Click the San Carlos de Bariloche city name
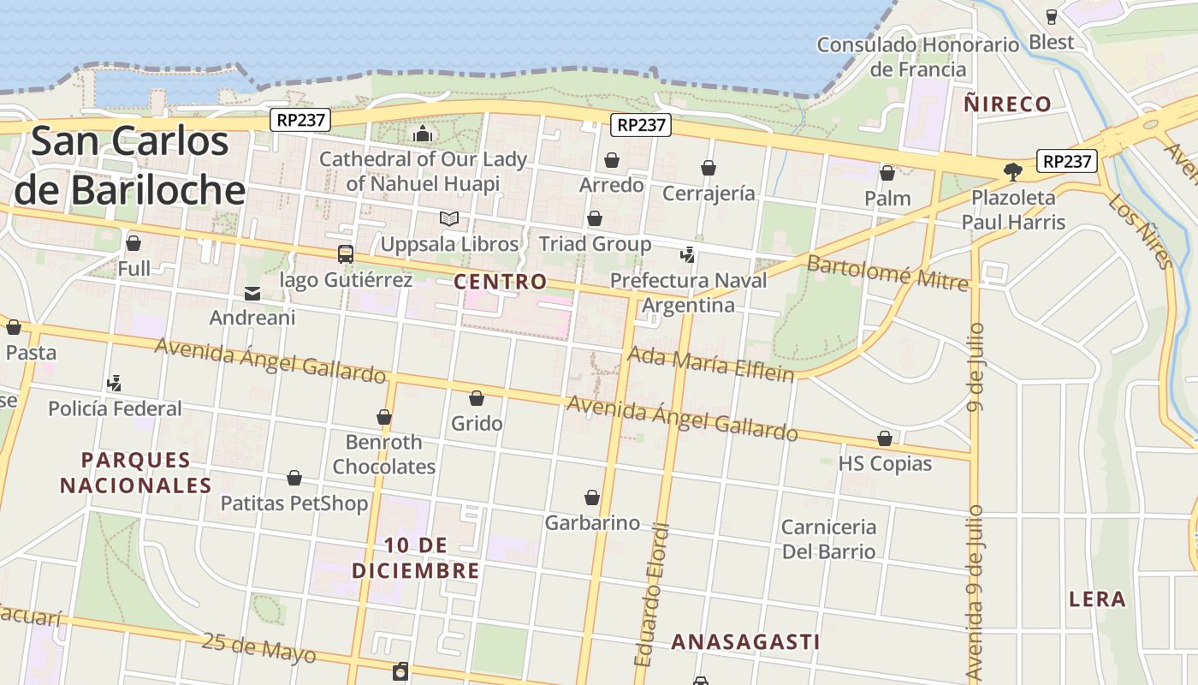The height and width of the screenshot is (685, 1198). coord(131,165)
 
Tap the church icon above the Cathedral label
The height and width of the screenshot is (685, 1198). coord(423,134)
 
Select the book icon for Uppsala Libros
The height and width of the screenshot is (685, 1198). coord(449,218)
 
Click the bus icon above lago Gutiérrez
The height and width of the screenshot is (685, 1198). coord(346,253)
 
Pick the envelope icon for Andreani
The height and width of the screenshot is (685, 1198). coord(252,294)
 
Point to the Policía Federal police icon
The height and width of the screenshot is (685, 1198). coord(114,383)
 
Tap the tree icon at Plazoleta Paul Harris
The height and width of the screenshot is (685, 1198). coord(1013,171)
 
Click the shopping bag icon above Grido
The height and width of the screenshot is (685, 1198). coord(477,398)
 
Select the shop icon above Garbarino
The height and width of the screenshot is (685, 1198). coord(592,497)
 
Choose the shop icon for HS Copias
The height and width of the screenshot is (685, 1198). coord(885,439)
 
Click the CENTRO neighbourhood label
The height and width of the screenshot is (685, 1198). coord(501,281)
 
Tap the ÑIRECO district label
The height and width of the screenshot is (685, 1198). coord(1007,104)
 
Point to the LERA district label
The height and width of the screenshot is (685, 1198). coord(1097,599)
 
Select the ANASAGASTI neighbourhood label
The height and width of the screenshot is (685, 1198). coord(745,641)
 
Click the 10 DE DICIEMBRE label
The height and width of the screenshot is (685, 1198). coord(415,557)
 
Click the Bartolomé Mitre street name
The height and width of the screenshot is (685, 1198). coord(887,271)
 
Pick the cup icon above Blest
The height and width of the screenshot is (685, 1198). coord(1052,16)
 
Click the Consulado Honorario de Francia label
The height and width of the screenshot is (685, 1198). coord(918,57)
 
